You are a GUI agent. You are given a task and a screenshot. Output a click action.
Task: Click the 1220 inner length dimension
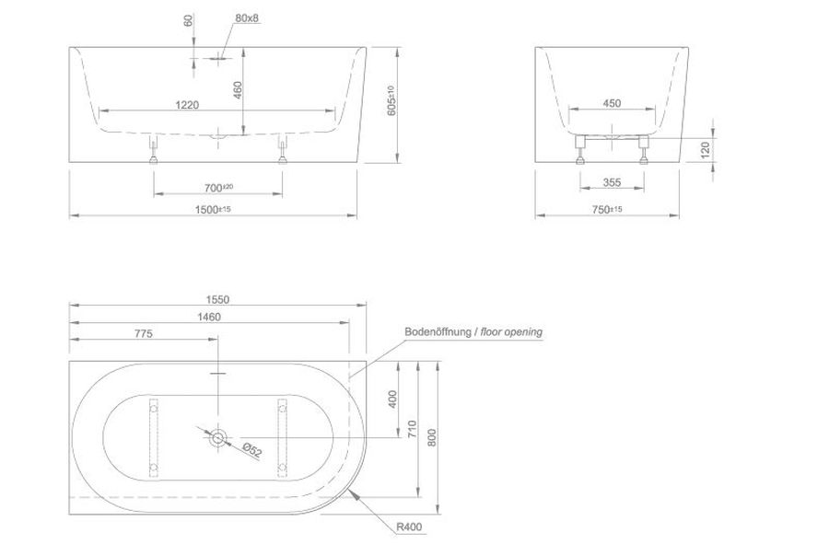point(187,105)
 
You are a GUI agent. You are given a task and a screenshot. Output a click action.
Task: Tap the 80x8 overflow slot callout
point(247,18)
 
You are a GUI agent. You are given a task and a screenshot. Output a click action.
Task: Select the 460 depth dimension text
point(238,90)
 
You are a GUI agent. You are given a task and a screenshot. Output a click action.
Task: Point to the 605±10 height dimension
point(391,101)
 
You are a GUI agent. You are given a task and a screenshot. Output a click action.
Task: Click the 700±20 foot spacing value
point(218,188)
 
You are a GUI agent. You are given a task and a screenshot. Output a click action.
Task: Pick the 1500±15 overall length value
point(213,209)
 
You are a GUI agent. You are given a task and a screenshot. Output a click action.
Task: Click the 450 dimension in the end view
point(612,103)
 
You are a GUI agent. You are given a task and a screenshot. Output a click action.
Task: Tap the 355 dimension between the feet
point(612,182)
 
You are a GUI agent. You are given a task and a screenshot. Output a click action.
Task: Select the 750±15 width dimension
point(607,209)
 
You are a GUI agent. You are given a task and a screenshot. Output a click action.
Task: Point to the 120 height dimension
point(705,150)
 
